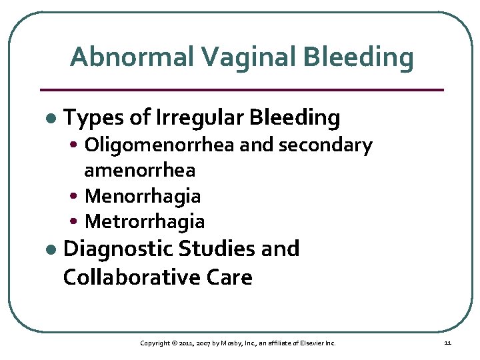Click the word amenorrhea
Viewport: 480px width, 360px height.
(140, 170)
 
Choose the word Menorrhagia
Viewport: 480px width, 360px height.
(143, 196)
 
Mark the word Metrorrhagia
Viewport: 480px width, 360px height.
(145, 221)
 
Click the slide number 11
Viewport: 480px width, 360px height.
(447, 343)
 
